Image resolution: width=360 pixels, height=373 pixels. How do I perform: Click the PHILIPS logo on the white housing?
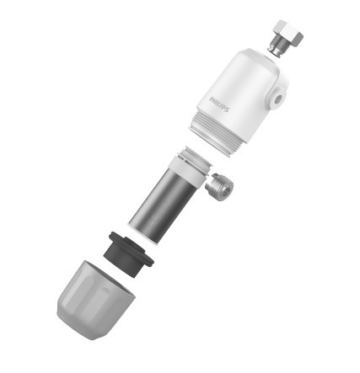(219, 104)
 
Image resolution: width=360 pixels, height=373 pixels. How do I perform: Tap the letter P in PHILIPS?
(211, 99)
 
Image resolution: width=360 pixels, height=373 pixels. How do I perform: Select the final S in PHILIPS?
(227, 109)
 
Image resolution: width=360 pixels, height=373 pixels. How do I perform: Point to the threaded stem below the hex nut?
(276, 46)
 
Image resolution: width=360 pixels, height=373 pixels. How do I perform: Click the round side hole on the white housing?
(278, 99)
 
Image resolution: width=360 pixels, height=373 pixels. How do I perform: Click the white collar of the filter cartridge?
(188, 170)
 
